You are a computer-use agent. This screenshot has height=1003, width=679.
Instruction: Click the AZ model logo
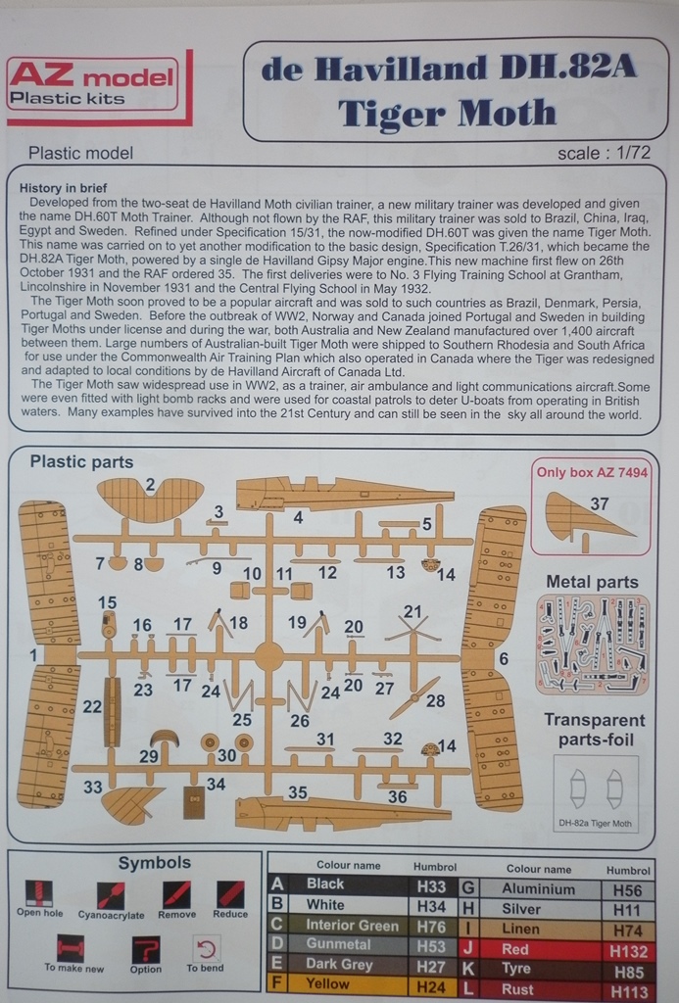(92, 85)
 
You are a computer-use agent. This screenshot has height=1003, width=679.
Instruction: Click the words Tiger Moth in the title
(448, 113)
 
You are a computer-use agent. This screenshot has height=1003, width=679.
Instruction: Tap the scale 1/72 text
(604, 152)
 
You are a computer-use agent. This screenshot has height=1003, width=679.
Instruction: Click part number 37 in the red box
(600, 503)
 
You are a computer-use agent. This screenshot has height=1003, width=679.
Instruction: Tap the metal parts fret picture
(592, 645)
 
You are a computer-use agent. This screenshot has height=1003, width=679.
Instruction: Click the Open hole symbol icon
(39, 893)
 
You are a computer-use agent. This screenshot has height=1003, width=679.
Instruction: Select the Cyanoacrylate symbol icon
(111, 894)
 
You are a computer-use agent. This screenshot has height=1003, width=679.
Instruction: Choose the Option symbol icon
(145, 949)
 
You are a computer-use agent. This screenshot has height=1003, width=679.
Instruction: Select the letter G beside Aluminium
(468, 888)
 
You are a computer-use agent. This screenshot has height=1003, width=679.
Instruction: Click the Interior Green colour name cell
(352, 925)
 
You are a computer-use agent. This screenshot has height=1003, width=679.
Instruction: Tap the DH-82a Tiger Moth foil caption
(595, 823)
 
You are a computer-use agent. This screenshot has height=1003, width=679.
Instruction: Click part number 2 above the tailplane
(150, 484)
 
